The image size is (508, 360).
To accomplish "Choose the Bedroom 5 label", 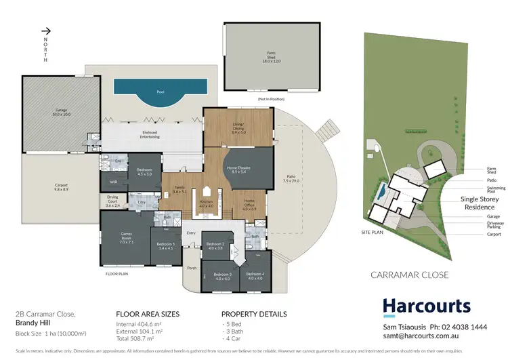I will [x=165, y=246].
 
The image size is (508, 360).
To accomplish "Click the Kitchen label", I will [x=207, y=203].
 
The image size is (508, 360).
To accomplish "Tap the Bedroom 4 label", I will [x=255, y=275].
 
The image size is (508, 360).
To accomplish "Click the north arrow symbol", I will [x=47, y=31].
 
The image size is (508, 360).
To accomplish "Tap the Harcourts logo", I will [x=427, y=306].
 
